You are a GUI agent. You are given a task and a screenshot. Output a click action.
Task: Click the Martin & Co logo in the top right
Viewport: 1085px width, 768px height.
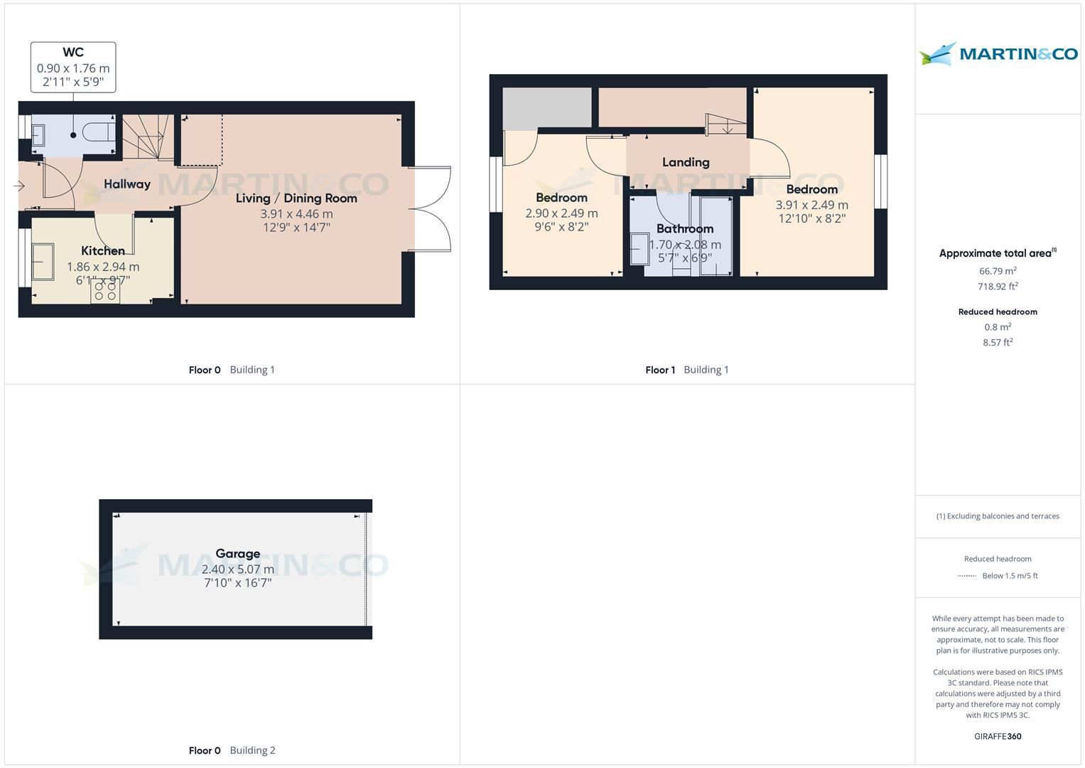coord(998,54)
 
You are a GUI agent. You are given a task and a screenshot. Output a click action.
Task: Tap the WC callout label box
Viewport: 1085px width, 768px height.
coord(73,67)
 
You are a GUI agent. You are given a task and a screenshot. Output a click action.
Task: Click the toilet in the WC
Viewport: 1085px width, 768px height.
coord(98,132)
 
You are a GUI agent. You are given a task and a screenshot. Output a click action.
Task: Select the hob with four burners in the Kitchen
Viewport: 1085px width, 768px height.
coord(105,292)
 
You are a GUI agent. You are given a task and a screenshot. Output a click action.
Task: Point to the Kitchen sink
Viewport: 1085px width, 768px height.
coord(43,262)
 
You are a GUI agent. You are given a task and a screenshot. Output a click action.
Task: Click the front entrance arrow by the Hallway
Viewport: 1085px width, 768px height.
coord(19,186)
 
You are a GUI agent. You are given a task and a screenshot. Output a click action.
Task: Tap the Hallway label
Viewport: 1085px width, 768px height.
coord(127,184)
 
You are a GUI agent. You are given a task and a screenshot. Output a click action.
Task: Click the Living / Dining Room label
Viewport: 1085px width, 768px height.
coord(296,198)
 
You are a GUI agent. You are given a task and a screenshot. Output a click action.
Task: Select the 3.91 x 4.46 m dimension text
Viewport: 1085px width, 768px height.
coord(296,213)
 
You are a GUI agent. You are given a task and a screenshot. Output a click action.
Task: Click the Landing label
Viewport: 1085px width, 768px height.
coord(686,162)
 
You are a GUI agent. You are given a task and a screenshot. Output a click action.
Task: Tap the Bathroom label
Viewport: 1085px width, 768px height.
coord(685,228)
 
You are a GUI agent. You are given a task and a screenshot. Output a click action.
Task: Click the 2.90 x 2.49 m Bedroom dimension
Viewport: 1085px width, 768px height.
coord(561,213)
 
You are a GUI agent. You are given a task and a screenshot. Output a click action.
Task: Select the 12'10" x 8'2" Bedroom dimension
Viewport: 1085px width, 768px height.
coord(811,218)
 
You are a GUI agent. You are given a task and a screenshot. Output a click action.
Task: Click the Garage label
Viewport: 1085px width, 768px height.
coord(237,553)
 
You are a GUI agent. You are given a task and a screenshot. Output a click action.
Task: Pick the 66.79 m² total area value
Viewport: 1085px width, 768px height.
coord(998,271)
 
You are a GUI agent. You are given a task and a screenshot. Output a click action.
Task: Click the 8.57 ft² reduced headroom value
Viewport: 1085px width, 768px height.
coord(998,342)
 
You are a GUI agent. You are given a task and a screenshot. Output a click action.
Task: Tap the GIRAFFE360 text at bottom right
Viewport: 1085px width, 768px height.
coord(998,736)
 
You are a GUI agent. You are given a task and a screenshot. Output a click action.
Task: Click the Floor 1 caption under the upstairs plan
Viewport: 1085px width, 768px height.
coord(660,370)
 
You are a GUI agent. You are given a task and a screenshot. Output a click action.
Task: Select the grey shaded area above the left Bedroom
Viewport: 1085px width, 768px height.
coord(547,109)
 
